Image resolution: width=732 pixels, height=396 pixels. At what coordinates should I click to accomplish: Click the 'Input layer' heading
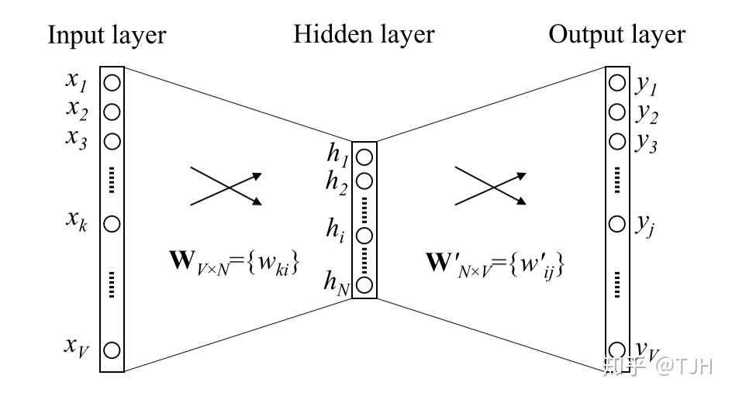point(106,35)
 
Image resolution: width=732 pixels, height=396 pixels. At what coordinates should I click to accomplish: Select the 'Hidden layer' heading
point(364,35)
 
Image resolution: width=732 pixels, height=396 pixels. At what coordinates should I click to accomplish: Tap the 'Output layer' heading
point(617,35)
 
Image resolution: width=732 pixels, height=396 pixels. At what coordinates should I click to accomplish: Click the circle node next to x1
point(112,82)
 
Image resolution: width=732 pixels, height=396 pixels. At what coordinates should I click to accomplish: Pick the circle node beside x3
point(112,141)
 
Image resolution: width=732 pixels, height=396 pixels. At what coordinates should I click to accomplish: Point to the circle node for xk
point(112,224)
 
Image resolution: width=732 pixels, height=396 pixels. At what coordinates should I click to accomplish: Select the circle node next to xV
point(112,350)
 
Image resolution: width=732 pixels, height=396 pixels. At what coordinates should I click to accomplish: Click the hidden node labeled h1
point(364,157)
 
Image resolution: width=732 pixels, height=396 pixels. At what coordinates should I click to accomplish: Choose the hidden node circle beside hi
point(364,234)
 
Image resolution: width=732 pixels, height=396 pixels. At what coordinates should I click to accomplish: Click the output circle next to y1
point(617,82)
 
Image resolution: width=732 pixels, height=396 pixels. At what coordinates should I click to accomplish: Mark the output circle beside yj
point(617,224)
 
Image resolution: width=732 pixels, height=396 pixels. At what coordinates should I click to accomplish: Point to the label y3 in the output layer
point(645,144)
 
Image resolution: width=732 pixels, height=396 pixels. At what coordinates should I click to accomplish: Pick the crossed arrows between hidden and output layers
point(490,186)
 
